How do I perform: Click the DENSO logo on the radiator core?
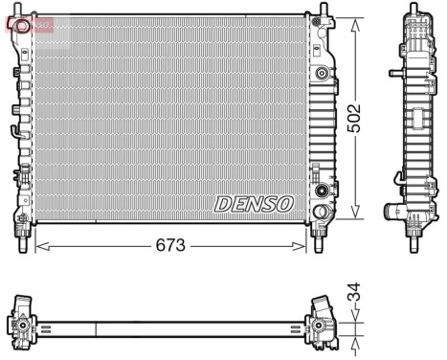(253, 203)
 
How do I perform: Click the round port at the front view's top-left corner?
(22, 27)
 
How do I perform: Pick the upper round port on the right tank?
(321, 72)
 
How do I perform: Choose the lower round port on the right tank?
(321, 191)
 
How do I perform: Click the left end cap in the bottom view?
(22, 323)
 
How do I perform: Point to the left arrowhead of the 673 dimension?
(38, 246)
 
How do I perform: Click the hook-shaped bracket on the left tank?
(15, 131)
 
